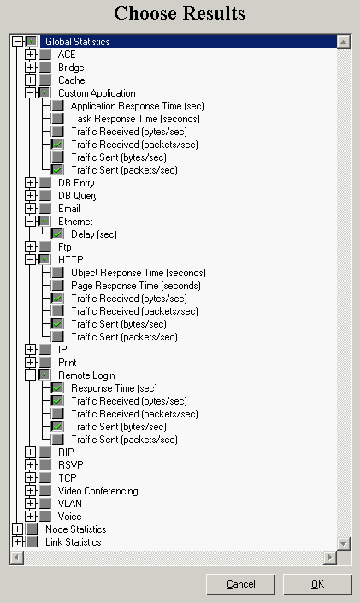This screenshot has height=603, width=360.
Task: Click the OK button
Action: pos(317,584)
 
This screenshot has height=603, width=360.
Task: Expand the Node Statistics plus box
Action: pos(17,529)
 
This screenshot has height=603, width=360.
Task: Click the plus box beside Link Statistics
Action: pos(17,542)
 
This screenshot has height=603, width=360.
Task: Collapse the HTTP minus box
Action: pos(30,260)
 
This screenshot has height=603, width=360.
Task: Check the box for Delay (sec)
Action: pos(57,234)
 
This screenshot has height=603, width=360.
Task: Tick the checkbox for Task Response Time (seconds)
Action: pos(57,119)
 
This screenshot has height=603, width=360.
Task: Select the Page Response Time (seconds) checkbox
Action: pos(57,286)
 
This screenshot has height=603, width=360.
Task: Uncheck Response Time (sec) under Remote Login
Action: pos(57,388)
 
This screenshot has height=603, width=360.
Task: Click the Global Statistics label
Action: pos(78,42)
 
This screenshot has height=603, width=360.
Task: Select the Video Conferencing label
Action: pos(98,491)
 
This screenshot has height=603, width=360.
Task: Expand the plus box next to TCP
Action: pos(30,477)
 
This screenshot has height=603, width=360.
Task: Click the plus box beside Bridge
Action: pos(30,68)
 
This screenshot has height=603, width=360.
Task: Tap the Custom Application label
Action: pos(97,93)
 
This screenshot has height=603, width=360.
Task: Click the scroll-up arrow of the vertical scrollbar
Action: pos(343,42)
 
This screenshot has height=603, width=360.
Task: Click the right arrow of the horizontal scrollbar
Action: pos(329,557)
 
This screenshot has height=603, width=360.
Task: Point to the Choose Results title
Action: pos(180,13)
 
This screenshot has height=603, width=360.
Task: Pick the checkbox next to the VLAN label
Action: pos(44,504)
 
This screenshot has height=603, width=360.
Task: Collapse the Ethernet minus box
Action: pos(30,222)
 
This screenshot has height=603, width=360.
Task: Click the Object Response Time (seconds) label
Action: pos(139,273)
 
